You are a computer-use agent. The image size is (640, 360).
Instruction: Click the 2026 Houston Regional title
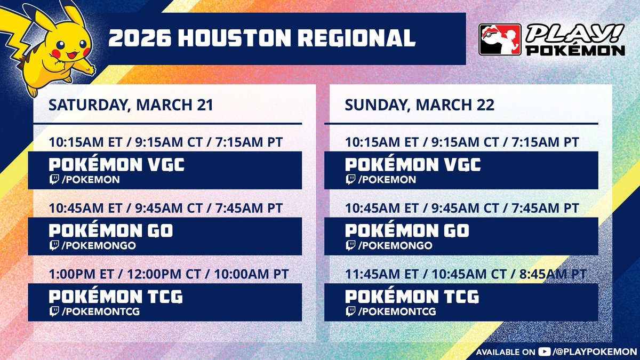point(261,39)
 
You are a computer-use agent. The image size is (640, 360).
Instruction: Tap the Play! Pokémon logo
point(552,39)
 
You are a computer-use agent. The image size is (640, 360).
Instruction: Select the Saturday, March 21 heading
point(131,105)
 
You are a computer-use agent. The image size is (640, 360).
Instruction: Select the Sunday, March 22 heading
point(419,105)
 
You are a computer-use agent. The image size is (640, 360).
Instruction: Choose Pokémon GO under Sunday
point(407,230)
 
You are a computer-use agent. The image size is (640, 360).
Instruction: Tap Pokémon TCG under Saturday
point(113,296)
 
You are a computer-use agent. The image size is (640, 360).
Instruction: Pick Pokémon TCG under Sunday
point(412,296)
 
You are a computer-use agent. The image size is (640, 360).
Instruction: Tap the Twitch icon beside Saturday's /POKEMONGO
point(54,245)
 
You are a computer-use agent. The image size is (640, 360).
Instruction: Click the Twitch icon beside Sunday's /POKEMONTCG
point(350,311)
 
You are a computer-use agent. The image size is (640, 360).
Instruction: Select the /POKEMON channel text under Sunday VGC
point(387,180)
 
